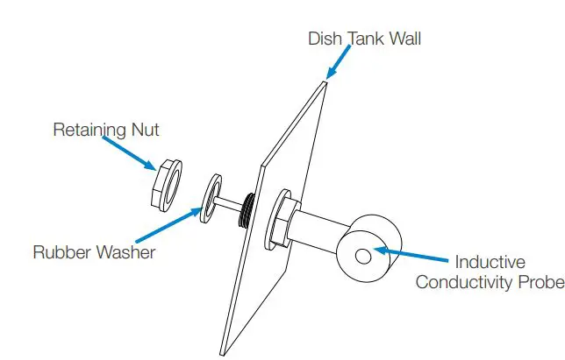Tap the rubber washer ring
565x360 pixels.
coord(211,199)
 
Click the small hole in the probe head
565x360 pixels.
coord(361,255)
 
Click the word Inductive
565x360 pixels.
coord(490,262)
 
